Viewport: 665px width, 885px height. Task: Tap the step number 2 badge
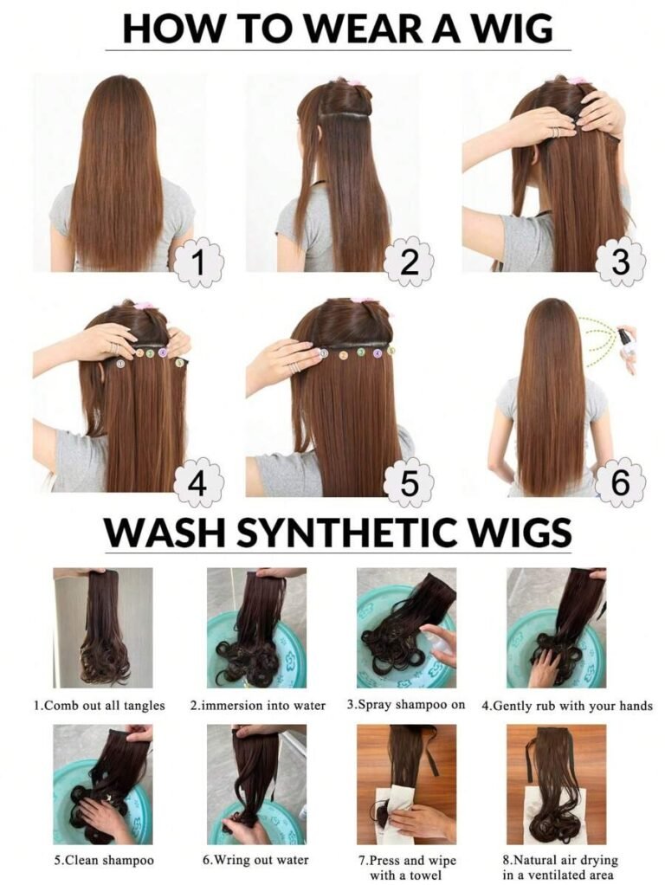(x=410, y=263)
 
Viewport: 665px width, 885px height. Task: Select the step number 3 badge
(x=619, y=263)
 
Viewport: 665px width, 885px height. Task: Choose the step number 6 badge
(x=619, y=484)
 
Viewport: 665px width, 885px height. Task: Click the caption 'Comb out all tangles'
(x=100, y=706)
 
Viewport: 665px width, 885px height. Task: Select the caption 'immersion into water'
(x=258, y=706)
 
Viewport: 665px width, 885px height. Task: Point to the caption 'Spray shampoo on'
(x=406, y=705)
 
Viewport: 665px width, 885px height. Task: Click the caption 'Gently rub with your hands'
(x=567, y=706)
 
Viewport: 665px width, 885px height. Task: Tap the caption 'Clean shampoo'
(x=104, y=860)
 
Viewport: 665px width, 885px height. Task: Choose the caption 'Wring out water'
(x=255, y=860)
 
